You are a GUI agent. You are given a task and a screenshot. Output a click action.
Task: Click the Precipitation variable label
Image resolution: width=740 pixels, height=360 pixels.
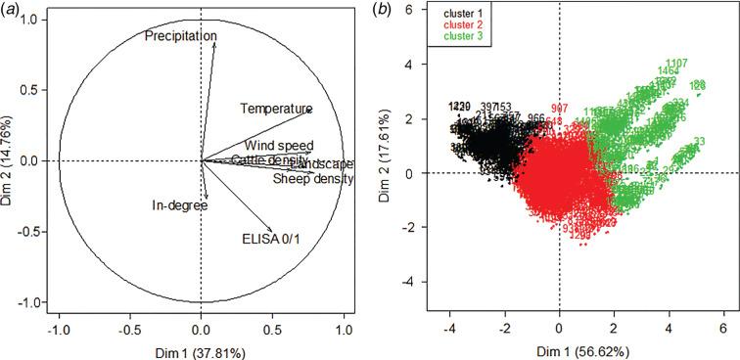pyautogui.click(x=181, y=36)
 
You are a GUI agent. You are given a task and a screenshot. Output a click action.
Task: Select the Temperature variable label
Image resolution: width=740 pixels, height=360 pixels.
pyautogui.click(x=276, y=109)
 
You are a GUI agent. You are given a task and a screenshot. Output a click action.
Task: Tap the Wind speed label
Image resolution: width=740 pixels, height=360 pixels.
pyautogui.click(x=279, y=146)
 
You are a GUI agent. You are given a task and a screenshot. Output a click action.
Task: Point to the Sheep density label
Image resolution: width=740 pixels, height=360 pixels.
pyautogui.click(x=312, y=179)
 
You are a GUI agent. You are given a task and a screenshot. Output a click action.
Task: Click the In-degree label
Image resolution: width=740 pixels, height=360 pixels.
pyautogui.click(x=179, y=206)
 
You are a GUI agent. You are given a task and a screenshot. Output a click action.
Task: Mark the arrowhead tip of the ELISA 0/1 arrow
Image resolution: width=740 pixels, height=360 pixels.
pyautogui.click(x=272, y=228)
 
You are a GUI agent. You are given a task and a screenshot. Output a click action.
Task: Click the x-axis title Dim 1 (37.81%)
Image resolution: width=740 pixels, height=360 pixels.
pyautogui.click(x=201, y=349)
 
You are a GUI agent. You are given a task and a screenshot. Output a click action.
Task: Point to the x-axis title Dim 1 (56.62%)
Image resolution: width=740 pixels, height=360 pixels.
pyautogui.click(x=560, y=349)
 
